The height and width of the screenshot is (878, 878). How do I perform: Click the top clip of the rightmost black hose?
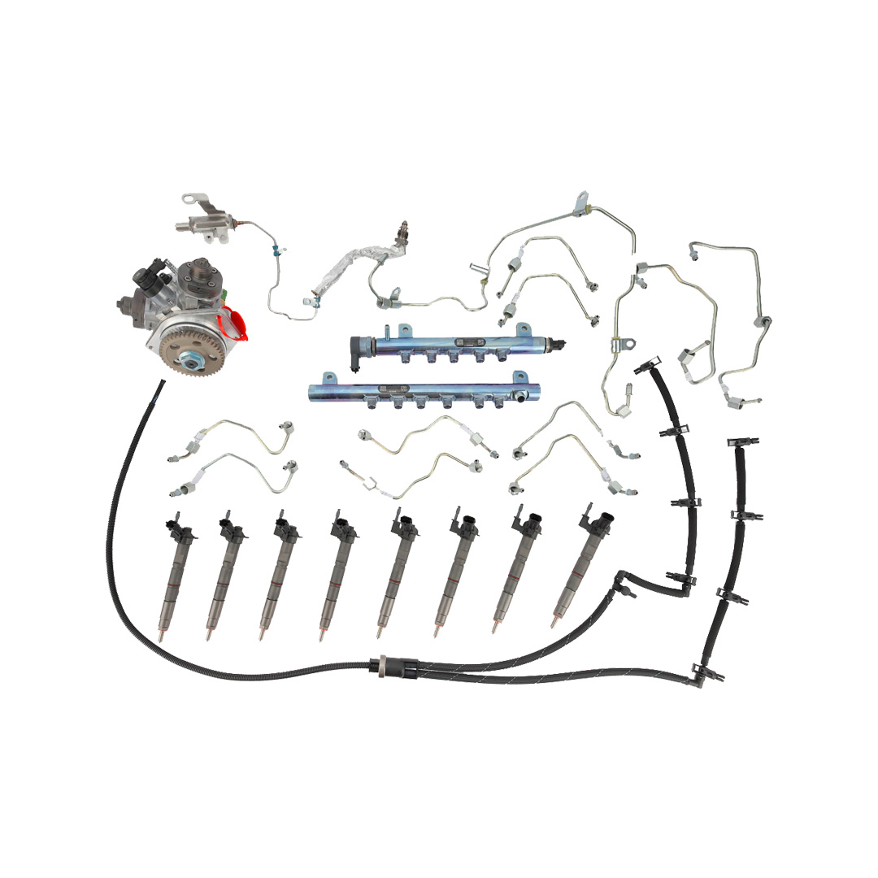tap(736, 445)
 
